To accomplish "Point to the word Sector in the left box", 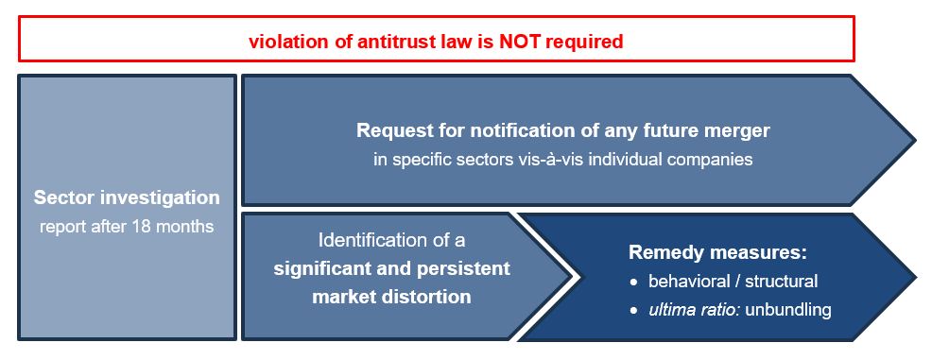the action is tap(63, 197).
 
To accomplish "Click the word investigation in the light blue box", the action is tap(160, 197).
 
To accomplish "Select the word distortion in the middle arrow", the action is tap(425, 296).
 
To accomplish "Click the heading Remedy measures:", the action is tap(718, 252).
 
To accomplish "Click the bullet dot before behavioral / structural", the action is tap(635, 283).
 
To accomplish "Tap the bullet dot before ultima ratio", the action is tap(635, 311).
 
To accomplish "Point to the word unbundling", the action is tap(788, 310).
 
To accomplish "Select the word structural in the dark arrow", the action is tap(782, 281).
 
